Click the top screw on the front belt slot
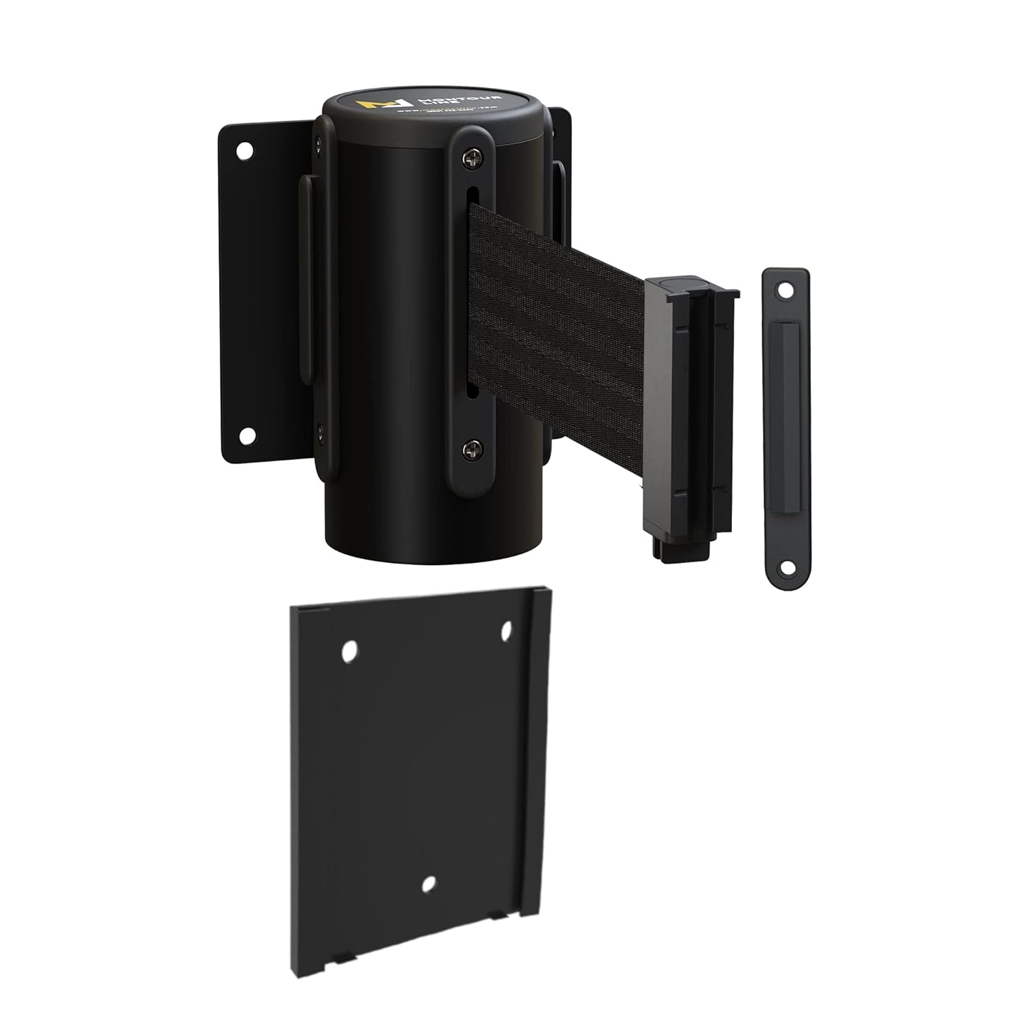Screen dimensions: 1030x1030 472,160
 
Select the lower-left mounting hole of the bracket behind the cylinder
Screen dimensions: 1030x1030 245,435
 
